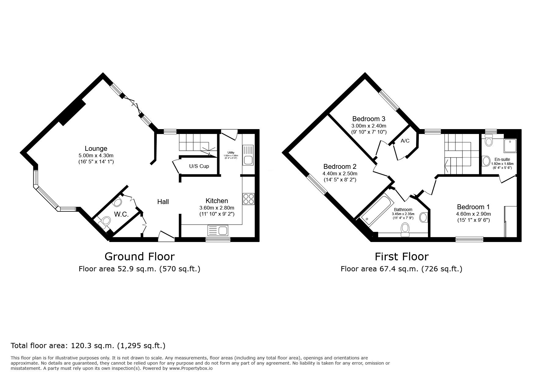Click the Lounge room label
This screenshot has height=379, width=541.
(96, 148)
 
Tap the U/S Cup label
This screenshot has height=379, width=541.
(199, 166)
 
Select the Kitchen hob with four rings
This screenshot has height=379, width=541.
(248, 199)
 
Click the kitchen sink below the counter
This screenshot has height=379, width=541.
(217, 230)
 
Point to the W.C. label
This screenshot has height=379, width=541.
(121, 214)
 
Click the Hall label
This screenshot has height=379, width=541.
(163, 202)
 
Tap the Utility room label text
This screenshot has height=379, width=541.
(231, 153)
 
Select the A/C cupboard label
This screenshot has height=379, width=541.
(405, 141)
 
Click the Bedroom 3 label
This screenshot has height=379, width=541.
(369, 119)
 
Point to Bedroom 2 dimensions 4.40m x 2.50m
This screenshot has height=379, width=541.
(340, 173)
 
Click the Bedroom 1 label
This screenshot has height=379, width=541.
(473, 207)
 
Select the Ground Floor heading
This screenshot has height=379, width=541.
(140, 256)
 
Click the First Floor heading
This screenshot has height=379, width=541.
(402, 256)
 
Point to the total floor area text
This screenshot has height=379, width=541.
(88, 346)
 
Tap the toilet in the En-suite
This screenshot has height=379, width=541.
(489, 142)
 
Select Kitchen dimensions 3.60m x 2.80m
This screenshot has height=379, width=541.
(217, 208)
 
